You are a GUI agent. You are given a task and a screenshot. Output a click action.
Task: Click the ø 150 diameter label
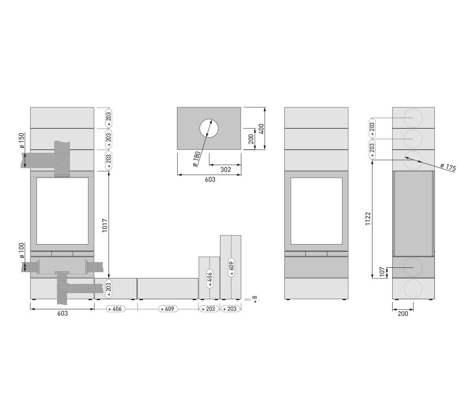(22, 140)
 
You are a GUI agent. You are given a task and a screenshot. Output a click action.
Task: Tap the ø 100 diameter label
(22, 250)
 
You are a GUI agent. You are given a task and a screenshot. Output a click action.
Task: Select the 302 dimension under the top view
(225, 170)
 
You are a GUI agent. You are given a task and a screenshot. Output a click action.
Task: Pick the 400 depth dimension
(261, 128)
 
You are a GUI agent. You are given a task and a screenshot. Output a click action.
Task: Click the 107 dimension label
(382, 272)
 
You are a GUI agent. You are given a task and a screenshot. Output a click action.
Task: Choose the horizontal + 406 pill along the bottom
(115, 309)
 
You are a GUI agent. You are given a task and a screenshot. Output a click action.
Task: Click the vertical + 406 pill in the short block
(209, 278)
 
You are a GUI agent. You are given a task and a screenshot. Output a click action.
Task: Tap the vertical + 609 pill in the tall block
(231, 267)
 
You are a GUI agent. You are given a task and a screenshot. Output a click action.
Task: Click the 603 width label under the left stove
(62, 313)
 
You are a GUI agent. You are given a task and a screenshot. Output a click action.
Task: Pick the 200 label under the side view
(403, 314)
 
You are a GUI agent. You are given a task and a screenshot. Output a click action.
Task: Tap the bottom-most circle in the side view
(413, 288)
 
